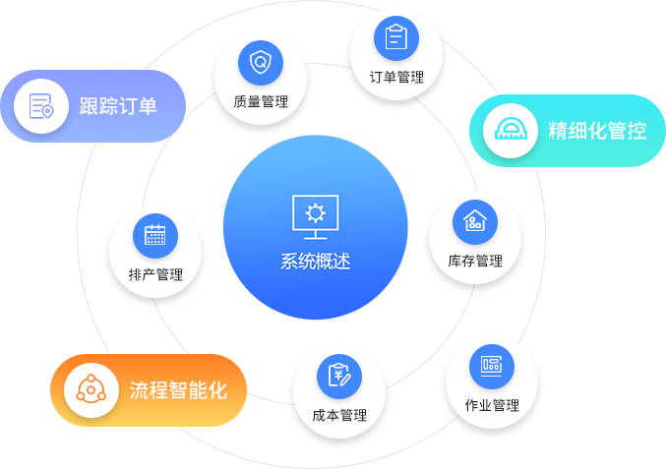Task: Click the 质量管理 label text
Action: pos(261,101)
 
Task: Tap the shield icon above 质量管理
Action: pos(261,62)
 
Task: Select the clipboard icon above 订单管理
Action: pos(396,38)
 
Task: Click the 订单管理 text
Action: pos(396,77)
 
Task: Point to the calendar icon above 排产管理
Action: pos(155,235)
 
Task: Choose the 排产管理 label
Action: pos(155,274)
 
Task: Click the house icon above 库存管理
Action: pos(475,221)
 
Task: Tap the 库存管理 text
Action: pos(475,261)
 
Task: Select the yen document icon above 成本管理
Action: pos(339,376)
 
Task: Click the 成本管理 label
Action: pos(339,415)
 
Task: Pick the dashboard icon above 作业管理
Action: pos(491,366)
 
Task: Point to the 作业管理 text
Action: pos(492,405)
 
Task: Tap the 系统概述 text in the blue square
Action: pos(315,262)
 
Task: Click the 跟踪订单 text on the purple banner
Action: pos(118,106)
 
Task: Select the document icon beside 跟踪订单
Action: pos(41,105)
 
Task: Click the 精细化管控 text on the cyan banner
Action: pos(597,131)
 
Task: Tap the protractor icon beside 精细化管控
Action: pos(510,131)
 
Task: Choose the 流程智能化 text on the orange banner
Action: pos(178,390)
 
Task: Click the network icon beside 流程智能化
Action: pos(91,390)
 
